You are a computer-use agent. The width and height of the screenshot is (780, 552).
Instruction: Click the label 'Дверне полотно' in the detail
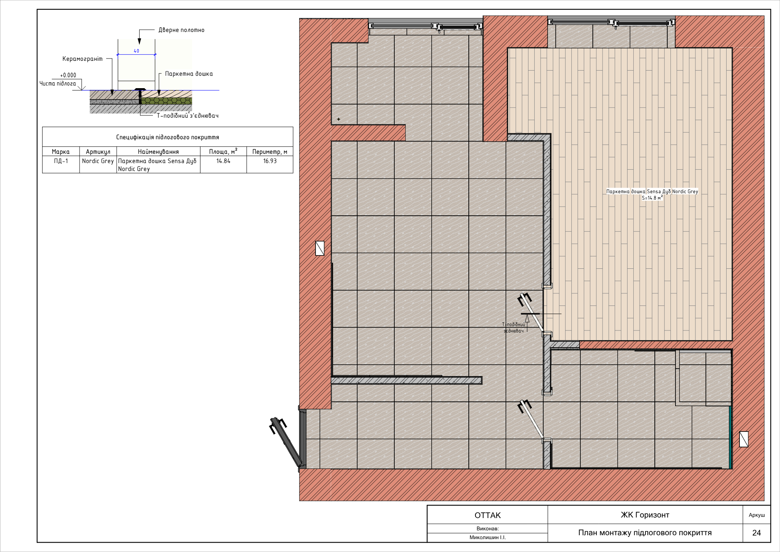[x=181, y=30]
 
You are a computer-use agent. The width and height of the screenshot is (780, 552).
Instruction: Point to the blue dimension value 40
[x=136, y=51]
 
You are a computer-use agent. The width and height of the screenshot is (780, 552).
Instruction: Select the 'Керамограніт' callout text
[x=83, y=59]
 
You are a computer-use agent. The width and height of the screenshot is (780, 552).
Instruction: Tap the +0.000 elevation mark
[x=68, y=75]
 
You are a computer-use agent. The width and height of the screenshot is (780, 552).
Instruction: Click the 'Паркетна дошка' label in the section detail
[x=189, y=74]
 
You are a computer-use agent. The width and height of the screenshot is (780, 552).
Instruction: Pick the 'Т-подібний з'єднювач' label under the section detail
[x=188, y=115]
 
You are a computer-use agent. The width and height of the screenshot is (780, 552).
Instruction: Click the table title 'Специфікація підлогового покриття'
[x=168, y=137]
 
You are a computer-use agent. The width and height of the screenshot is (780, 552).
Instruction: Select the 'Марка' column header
[x=61, y=152]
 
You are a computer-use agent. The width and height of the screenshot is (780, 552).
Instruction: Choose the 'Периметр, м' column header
[x=270, y=152]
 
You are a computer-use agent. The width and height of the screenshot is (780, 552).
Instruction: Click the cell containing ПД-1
[x=61, y=161]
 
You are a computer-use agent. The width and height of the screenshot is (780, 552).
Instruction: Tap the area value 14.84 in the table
[x=223, y=161]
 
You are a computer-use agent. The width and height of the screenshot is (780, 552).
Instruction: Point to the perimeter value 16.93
[x=270, y=161]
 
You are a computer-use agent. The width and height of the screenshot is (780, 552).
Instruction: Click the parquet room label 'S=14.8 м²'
[x=652, y=198]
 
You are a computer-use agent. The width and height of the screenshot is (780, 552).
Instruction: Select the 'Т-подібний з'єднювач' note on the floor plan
[x=514, y=328]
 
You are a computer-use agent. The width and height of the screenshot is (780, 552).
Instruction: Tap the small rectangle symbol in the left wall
[x=320, y=248]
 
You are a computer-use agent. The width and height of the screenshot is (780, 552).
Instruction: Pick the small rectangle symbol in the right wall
[x=744, y=439]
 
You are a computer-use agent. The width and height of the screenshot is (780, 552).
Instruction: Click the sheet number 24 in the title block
[x=757, y=533]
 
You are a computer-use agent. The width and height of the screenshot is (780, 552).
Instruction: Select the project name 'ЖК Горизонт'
[x=645, y=515]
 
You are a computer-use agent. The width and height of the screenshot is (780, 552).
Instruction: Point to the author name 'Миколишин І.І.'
[x=487, y=538]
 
